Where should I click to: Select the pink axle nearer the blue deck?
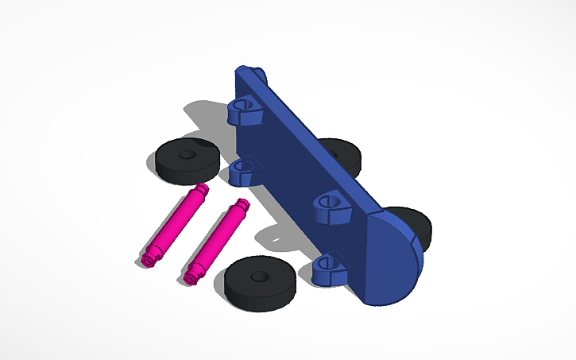pyautogui.click(x=216, y=240)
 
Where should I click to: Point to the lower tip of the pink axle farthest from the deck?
pyautogui.click(x=147, y=260)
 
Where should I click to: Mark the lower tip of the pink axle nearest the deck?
pyautogui.click(x=191, y=277)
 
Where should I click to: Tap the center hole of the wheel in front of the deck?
pyautogui.click(x=259, y=277)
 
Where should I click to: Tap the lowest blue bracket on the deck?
pyautogui.click(x=329, y=269)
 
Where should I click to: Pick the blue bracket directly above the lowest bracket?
pyautogui.click(x=333, y=208)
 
